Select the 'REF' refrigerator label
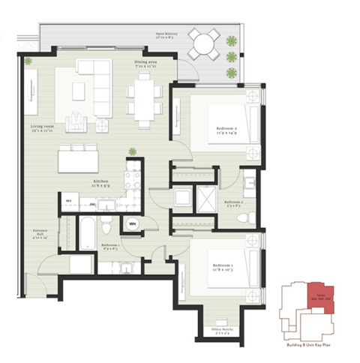click(x=68, y=202)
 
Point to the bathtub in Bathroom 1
click(x=85, y=232)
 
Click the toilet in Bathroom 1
click(x=109, y=226)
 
